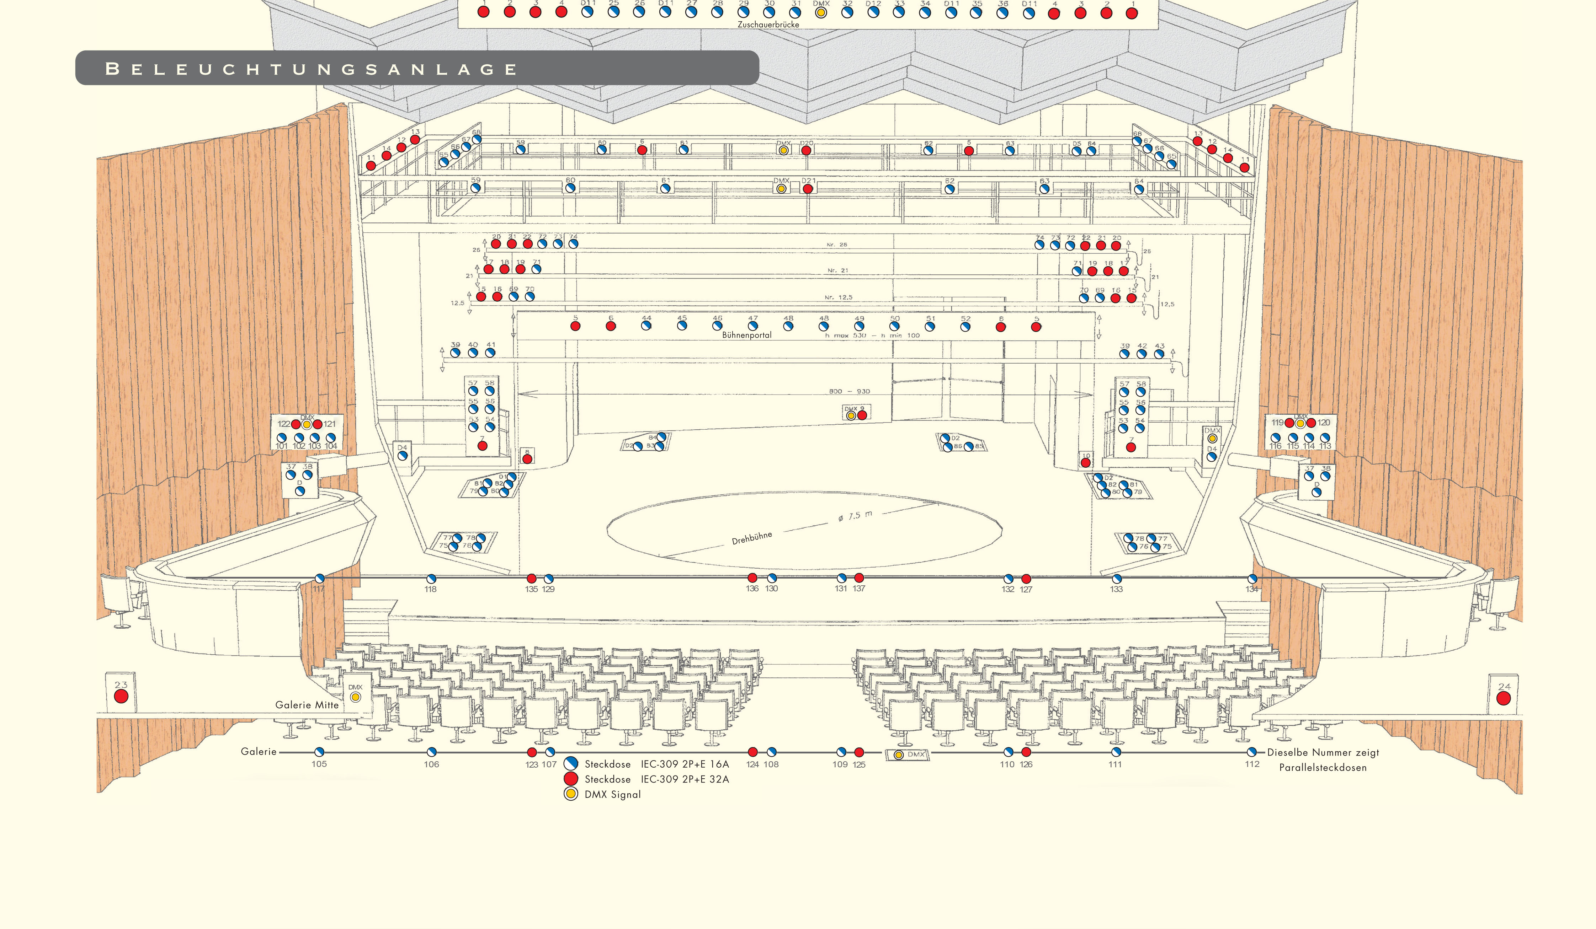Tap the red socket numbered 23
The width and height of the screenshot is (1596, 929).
[x=121, y=696]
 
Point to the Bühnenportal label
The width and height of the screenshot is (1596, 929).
[x=747, y=335]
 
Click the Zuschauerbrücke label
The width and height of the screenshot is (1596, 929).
[x=768, y=24]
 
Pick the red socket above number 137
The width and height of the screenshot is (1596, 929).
[x=859, y=578]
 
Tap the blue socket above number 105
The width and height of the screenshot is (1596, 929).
[x=319, y=752]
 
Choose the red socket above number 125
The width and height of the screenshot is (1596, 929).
[x=859, y=752]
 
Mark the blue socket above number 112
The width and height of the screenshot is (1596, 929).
[x=1251, y=752]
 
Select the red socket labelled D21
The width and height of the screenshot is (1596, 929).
[x=808, y=189]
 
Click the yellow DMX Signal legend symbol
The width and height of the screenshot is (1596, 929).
[x=571, y=794]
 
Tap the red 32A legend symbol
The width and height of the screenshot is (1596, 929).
[x=571, y=778]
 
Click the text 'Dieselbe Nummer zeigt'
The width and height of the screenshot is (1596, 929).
[x=1323, y=752]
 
